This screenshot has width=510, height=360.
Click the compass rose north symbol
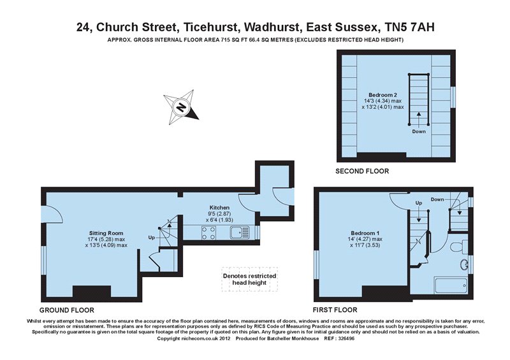pyautogui.click(x=182, y=106)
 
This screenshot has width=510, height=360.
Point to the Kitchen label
pyautogui.click(x=220, y=208)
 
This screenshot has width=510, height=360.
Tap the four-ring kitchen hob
pyautogui.click(x=208, y=233)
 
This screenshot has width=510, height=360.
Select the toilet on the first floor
pyautogui.click(x=456, y=245)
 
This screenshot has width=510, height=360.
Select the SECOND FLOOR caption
pyautogui.click(x=362, y=171)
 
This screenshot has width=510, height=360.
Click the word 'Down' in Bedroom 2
pyautogui.click(x=419, y=132)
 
